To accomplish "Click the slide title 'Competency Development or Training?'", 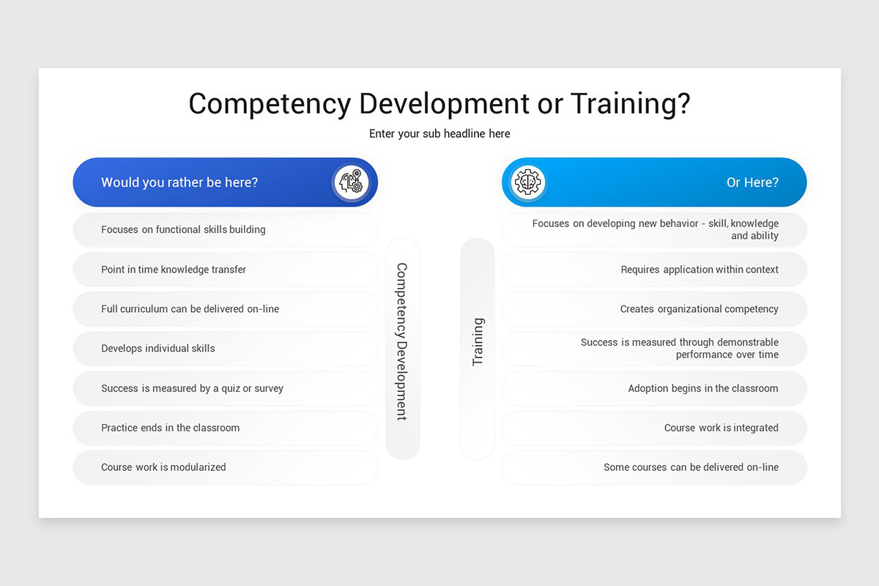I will coord(439,103).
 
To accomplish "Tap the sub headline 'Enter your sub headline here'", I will coord(439,133).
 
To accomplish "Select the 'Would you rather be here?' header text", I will coord(179,182).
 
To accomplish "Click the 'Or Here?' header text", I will coord(752,182).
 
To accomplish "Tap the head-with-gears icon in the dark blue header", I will coord(351,182).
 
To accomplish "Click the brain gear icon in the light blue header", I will coord(527,182).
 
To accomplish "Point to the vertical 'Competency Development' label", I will coord(402,341).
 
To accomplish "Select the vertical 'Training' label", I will coord(478,341).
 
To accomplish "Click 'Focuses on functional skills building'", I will coord(183,229).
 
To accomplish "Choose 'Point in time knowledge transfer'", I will coord(174,270).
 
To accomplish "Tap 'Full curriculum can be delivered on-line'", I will coord(190,309).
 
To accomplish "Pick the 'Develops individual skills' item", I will coord(158,349).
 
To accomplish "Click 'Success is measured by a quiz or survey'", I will coord(192,388).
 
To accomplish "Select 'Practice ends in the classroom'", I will coord(170,428).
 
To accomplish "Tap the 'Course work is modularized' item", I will coord(163,467).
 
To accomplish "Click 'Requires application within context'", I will coord(700,270).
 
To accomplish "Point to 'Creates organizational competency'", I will coord(699,309).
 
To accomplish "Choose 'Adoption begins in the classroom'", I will coord(703,388).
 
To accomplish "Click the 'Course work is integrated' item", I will coord(721,428).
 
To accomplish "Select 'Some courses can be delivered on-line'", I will coord(691,467).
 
